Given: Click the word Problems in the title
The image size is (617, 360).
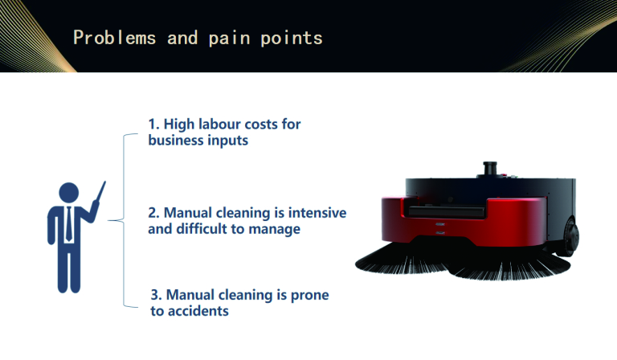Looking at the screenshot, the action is click(115, 38).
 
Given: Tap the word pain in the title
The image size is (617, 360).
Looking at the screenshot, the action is click(229, 39).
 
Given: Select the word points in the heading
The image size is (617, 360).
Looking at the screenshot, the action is click(292, 39).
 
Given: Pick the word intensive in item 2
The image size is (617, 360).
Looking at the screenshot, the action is click(317, 212).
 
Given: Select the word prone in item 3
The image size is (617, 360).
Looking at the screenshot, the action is click(309, 296).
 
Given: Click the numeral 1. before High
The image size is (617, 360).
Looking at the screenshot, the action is click(154, 125).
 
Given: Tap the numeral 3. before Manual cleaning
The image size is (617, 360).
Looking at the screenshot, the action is click(156, 295).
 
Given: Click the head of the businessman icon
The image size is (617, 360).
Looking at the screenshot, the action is click(69, 193).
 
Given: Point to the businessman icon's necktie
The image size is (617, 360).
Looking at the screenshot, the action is click(69, 224).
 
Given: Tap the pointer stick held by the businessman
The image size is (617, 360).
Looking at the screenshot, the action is click(100, 192).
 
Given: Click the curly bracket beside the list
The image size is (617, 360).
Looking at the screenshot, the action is click(123, 220).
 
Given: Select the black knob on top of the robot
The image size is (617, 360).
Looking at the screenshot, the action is click(490, 170).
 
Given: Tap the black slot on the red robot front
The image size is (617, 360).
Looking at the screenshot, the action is click(446, 211).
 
